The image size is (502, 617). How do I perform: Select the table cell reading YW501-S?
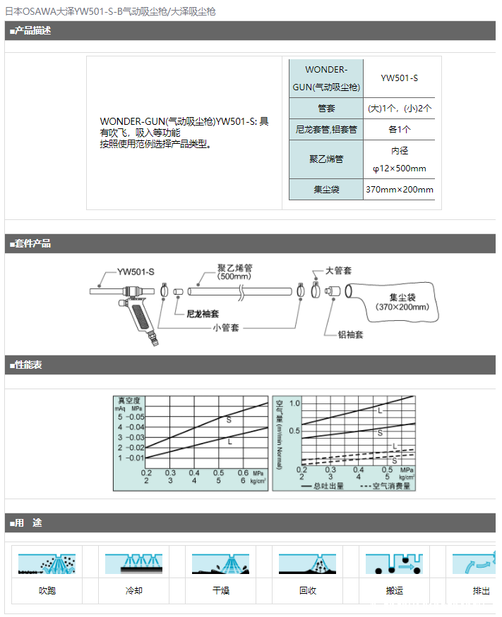pos(399,78)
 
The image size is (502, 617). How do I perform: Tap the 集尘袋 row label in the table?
pos(326,190)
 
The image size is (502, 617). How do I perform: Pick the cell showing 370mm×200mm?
pos(399,190)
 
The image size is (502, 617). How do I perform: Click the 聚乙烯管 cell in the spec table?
pos(326,159)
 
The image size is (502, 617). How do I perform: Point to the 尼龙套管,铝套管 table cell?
pos(326,130)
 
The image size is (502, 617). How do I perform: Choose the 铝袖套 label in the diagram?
pos(349,335)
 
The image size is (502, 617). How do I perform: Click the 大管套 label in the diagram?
pos(339,271)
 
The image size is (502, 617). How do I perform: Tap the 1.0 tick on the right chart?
pos(294,403)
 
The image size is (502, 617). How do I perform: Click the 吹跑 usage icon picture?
pos(47,562)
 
